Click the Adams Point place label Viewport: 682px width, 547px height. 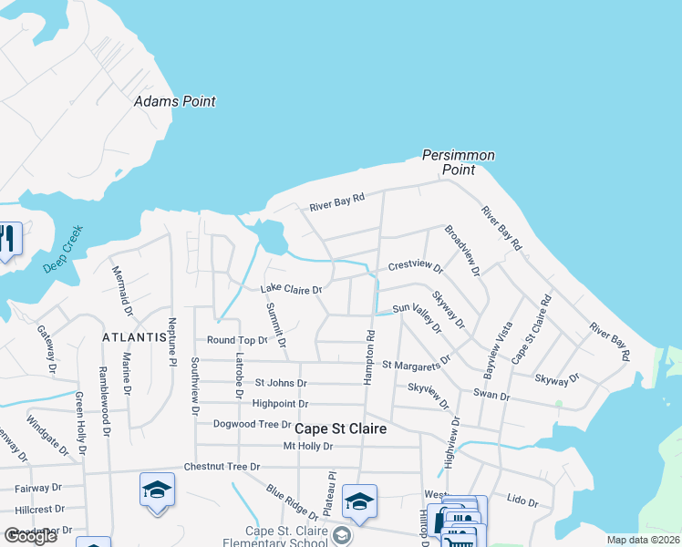coord(175,101)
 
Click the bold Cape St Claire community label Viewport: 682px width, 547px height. coord(339,428)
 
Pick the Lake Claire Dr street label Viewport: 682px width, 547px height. coord(292,290)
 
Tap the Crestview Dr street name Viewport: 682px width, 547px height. coord(415,268)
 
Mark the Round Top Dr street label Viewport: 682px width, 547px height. coord(237,340)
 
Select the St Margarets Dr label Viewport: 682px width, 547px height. coord(416,364)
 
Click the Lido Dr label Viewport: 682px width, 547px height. coord(522,501)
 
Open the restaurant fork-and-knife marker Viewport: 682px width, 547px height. coord(6,239)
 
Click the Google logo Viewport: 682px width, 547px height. coord(29,536)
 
